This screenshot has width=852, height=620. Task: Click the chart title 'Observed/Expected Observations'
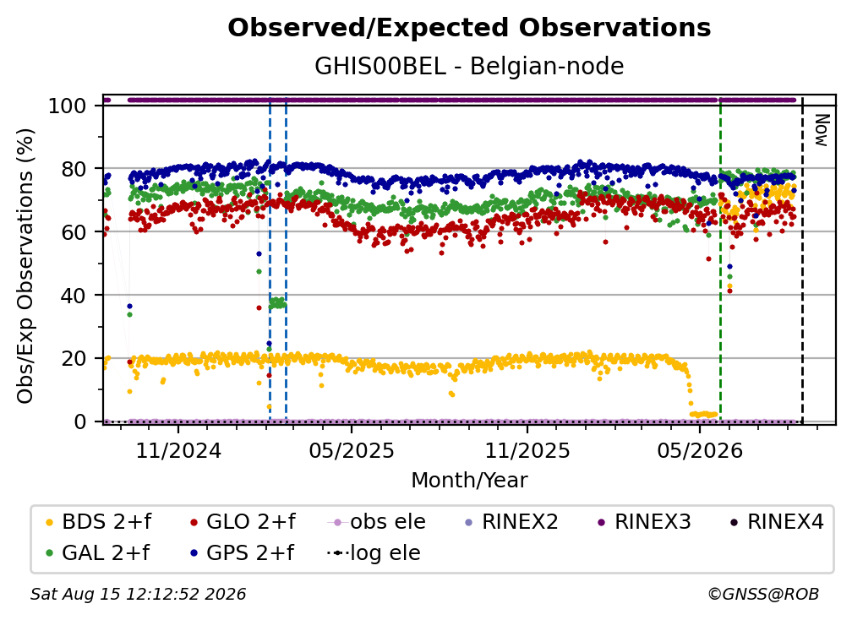pos(469,28)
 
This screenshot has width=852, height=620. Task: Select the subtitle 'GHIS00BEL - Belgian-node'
pos(469,66)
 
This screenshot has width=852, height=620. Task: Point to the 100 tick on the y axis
pos(67,106)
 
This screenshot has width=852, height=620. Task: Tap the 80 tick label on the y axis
pos(74,169)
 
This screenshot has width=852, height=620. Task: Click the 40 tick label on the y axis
pos(74,296)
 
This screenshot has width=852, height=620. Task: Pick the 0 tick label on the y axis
pos(79,421)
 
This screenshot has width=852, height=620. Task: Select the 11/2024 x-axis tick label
pos(178,450)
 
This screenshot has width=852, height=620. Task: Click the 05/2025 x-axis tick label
pos(352,450)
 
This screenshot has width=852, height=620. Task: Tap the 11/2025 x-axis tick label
pos(527,450)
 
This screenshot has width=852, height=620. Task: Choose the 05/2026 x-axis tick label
pos(700,450)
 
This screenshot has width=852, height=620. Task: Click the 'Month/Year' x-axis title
pos(469,481)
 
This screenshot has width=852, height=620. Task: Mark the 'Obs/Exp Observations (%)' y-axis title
pos(25,265)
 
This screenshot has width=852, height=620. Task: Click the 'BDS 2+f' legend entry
pos(98,522)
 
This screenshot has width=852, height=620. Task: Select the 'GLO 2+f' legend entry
pos(243,522)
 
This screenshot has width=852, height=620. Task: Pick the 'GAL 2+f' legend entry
pos(97,553)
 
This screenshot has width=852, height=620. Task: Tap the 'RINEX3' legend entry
pos(644,522)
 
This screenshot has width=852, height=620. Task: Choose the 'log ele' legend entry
pos(374,553)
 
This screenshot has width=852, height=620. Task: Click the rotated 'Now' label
pos(822,130)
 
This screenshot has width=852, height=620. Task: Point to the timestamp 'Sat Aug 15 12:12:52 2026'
pos(138,595)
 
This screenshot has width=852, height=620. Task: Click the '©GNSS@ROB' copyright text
pos(763,595)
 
